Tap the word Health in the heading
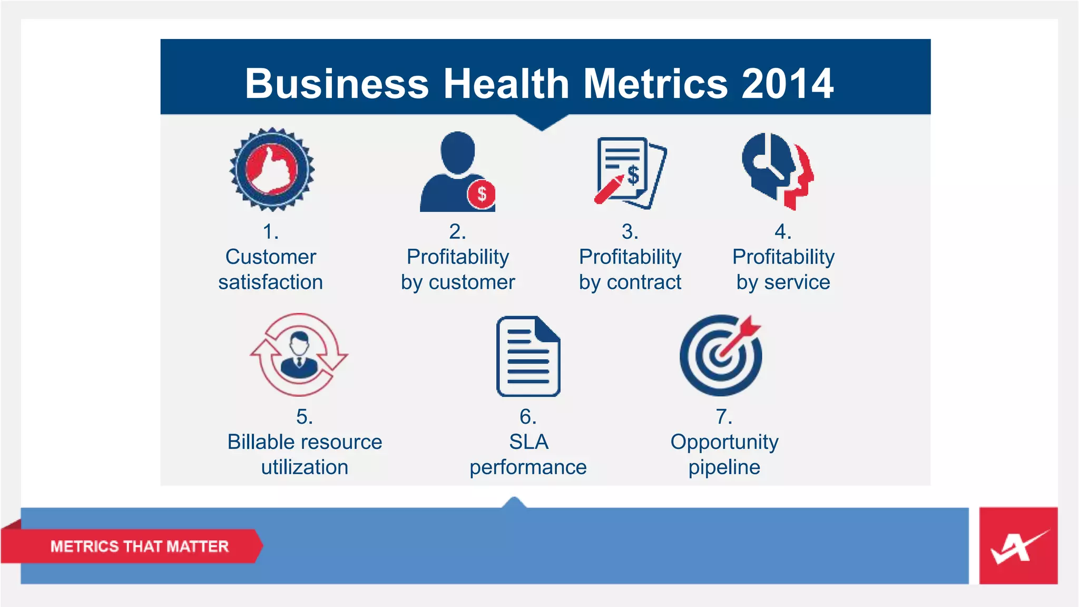(506, 84)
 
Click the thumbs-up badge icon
(272, 169)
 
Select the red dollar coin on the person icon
(481, 194)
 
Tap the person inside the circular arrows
(299, 355)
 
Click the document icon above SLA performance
(528, 356)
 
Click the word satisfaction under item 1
(270, 282)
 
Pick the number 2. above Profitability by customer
(457, 232)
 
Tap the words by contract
(630, 282)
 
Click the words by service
(783, 282)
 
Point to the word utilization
(305, 467)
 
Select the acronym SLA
(528, 442)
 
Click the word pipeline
(724, 467)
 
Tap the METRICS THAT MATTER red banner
(139, 546)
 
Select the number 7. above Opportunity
(724, 417)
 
